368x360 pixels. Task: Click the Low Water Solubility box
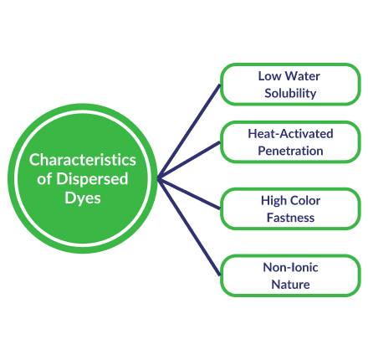coord(289,85)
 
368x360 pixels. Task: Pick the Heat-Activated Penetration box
coord(289,142)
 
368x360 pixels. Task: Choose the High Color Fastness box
coord(289,208)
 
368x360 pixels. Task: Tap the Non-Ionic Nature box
coord(289,275)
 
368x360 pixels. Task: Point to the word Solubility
coord(290,94)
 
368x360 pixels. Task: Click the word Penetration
coord(290,152)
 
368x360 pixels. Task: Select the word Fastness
coord(290,218)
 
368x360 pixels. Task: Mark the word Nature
coord(290,285)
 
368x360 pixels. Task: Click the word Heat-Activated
coord(290,134)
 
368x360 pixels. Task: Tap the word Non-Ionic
coord(290,267)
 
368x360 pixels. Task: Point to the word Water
coord(302,76)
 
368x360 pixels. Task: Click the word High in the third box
coord(273,201)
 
